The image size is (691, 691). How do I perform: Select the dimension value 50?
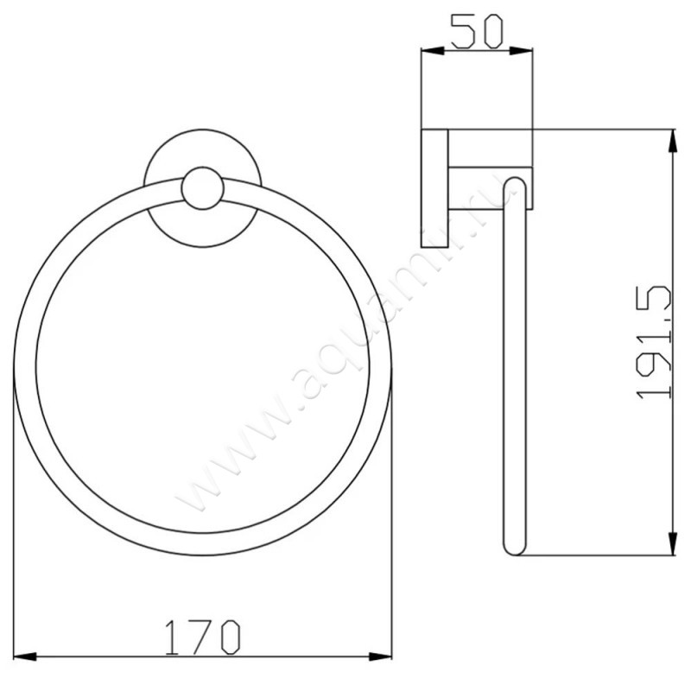(x=476, y=32)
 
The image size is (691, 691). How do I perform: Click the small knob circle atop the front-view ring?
(x=203, y=189)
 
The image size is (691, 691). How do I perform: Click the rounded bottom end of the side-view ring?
(x=513, y=548)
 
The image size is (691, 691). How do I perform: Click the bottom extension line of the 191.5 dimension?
(x=596, y=555)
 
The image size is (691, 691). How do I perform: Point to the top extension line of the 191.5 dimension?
(x=605, y=130)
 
